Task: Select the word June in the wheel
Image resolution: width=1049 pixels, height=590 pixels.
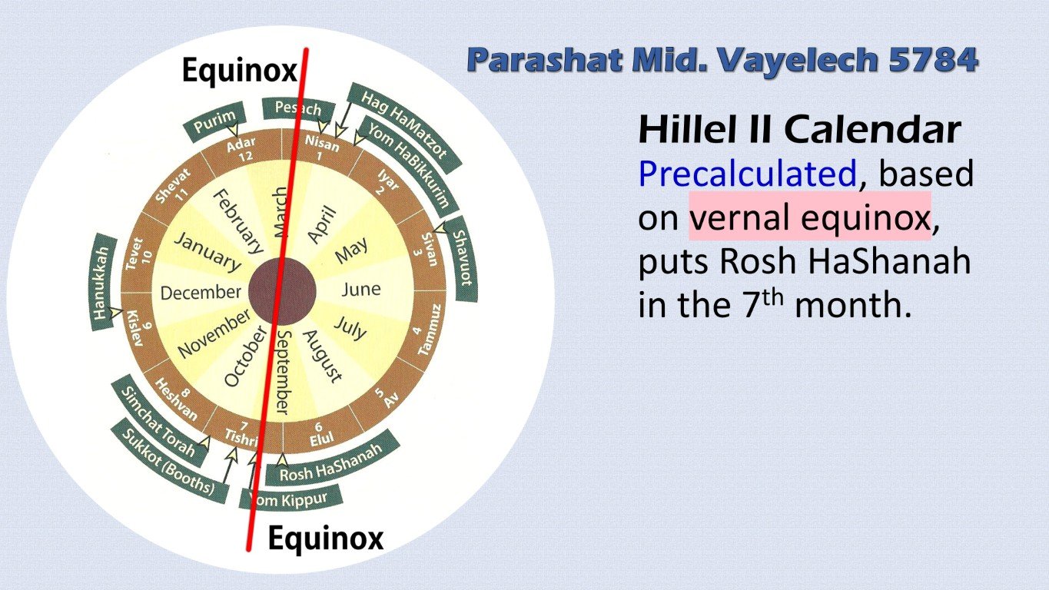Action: pyautogui.click(x=360, y=289)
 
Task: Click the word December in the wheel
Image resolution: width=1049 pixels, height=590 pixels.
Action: pyautogui.click(x=201, y=293)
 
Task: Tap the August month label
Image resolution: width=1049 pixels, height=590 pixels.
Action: pyautogui.click(x=321, y=356)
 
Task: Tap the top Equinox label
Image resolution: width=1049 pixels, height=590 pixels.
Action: pyautogui.click(x=239, y=72)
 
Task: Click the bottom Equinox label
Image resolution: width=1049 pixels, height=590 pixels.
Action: pyautogui.click(x=325, y=539)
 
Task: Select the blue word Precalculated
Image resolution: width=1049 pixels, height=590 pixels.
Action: pyautogui.click(x=747, y=175)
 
